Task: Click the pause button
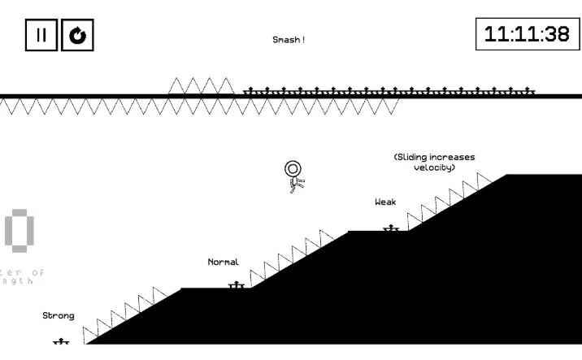[x=41, y=36]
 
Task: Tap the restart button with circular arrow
[x=78, y=36]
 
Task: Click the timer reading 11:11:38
[x=527, y=34]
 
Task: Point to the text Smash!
[x=289, y=40]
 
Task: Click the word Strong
[x=59, y=315]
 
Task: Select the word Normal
[x=224, y=262]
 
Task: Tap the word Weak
[x=385, y=202]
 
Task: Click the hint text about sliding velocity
[x=434, y=162]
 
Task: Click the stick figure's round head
[x=293, y=168]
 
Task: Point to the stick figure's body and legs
[x=297, y=184]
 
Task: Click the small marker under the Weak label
[x=391, y=228]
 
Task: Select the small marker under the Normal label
[x=237, y=285]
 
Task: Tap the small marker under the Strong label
[x=61, y=342]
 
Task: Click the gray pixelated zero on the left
[x=20, y=230]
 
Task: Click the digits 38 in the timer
[x=557, y=34]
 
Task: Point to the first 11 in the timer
[x=497, y=34]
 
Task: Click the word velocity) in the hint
[x=434, y=167]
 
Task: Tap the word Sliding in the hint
[x=413, y=157]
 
